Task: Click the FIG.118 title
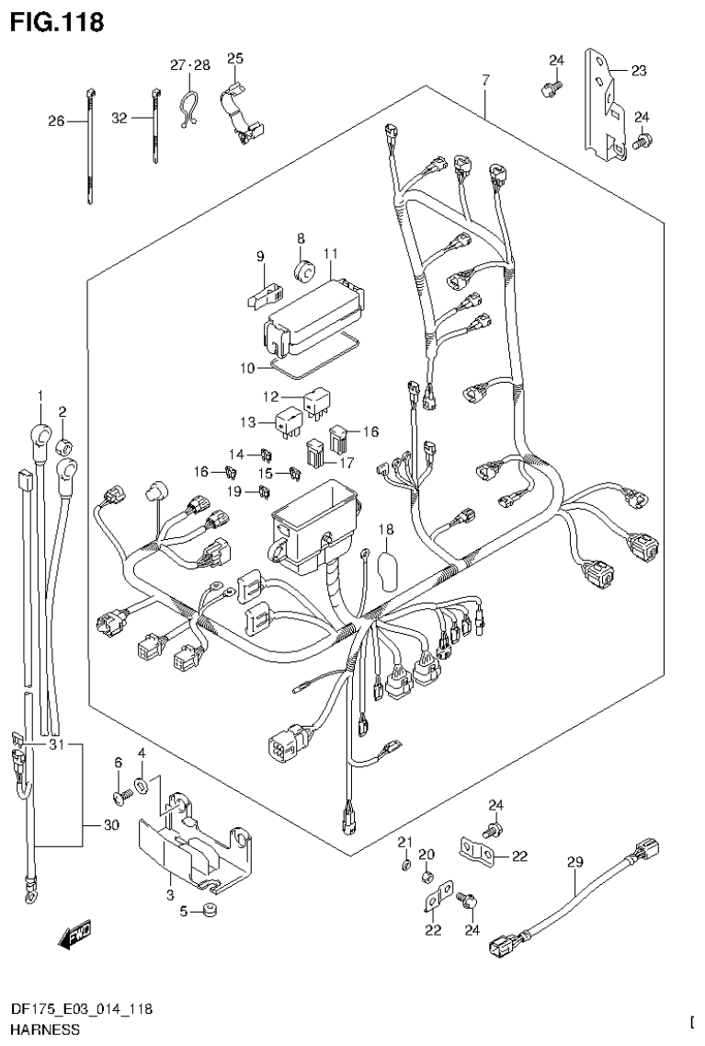click(56, 20)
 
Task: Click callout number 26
click(57, 121)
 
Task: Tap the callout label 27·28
click(190, 64)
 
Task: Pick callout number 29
click(574, 862)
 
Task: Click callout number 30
click(111, 825)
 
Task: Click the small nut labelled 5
click(211, 911)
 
